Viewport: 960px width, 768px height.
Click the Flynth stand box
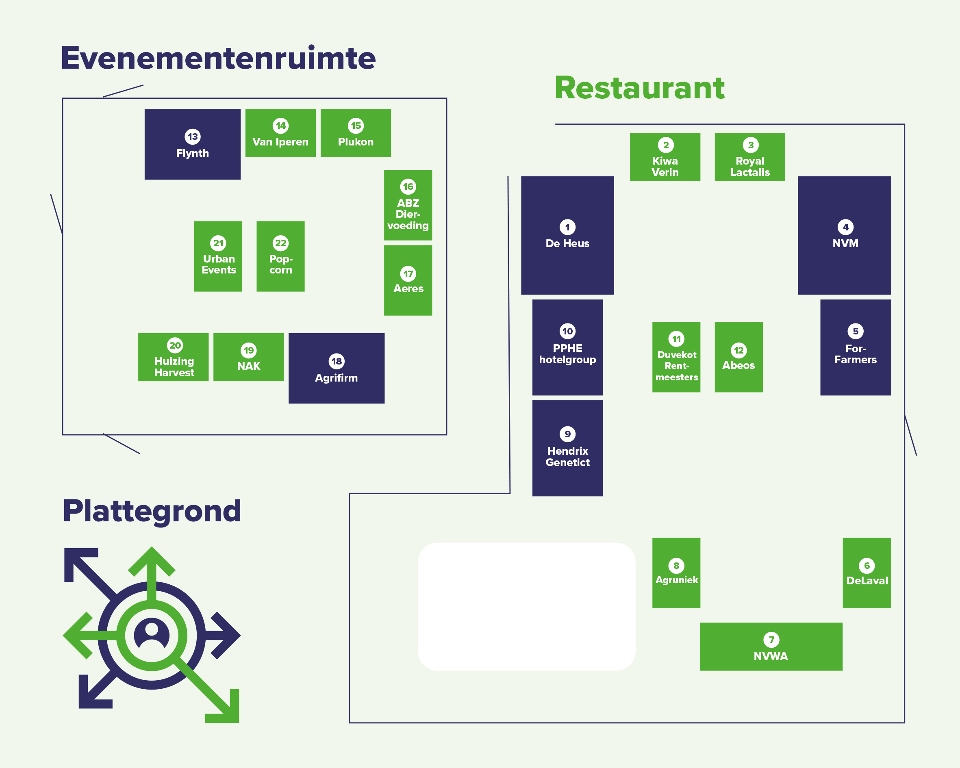tap(192, 144)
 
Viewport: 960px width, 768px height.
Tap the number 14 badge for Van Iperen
tap(280, 126)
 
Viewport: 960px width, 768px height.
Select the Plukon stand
tap(356, 133)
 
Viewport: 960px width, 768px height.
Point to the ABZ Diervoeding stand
tap(408, 205)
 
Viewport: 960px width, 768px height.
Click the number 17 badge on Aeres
tap(408, 274)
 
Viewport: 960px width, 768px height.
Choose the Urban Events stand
tap(218, 256)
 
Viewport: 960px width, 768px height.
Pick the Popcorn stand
tap(280, 256)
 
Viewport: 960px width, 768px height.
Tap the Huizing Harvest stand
tap(173, 357)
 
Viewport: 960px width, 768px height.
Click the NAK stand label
tap(248, 366)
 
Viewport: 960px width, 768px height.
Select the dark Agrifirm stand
tap(337, 368)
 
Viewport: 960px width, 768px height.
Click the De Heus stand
tap(567, 236)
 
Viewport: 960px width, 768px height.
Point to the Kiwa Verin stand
tap(665, 157)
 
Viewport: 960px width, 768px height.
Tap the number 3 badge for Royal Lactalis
tap(751, 145)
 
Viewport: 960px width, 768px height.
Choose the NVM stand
tap(844, 236)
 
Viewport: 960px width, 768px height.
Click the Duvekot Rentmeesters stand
tap(676, 357)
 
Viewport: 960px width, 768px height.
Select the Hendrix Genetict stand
tap(567, 448)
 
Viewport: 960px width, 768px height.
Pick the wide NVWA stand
tap(771, 647)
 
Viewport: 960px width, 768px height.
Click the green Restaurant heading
tap(639, 88)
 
